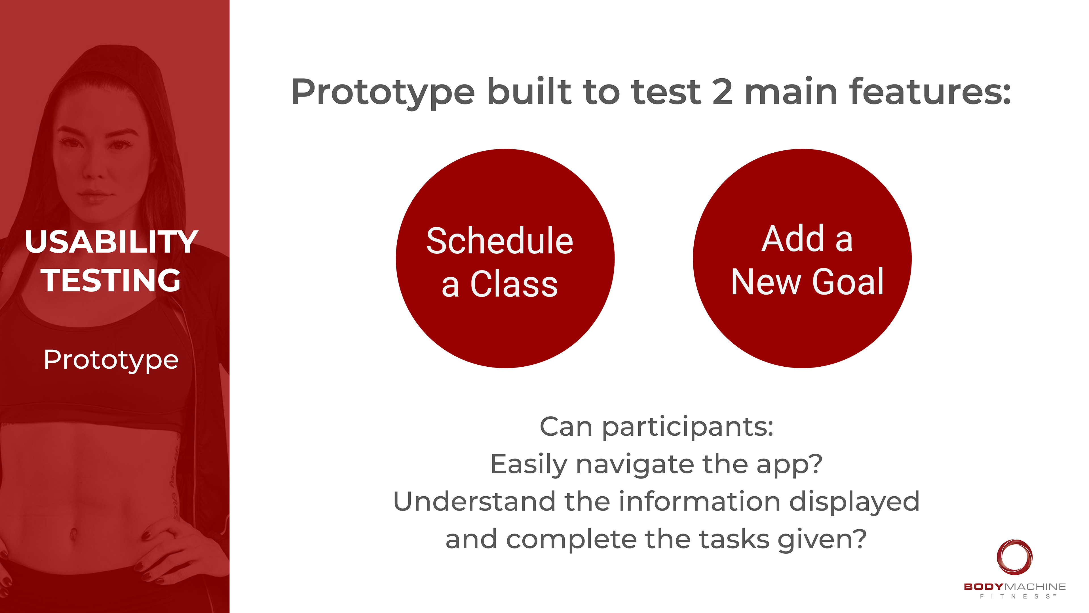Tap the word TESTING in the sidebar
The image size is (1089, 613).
coord(111,280)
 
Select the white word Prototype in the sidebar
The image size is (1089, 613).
coord(111,360)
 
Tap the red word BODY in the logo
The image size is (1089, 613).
coord(983,587)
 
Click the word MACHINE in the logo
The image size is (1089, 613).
coord(1035,587)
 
